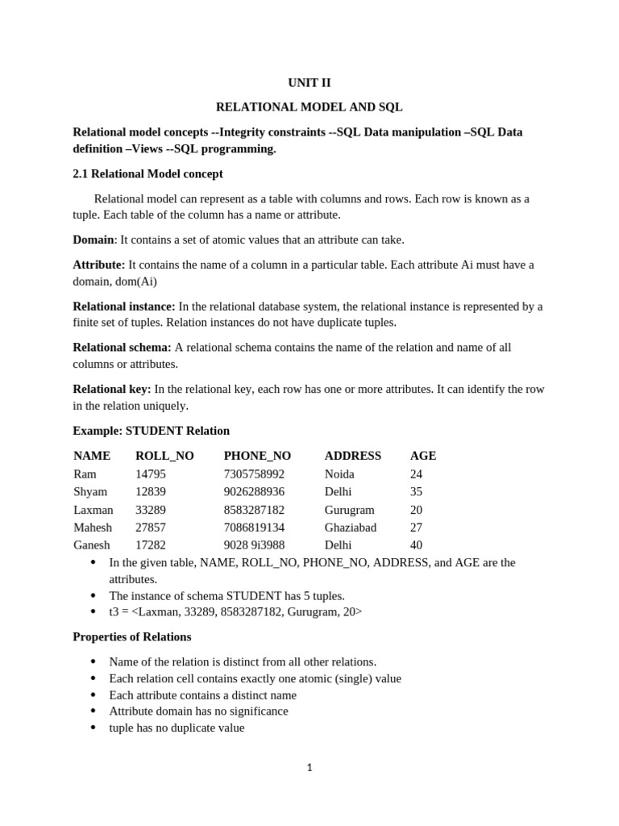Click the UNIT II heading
pyautogui.click(x=309, y=82)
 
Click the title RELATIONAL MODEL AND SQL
pyautogui.click(x=309, y=106)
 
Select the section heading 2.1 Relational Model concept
pyautogui.click(x=147, y=173)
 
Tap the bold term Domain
pyautogui.click(x=93, y=240)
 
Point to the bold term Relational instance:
pyautogui.click(x=124, y=307)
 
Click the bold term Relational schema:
pyautogui.click(x=122, y=348)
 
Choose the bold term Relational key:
pyautogui.click(x=112, y=389)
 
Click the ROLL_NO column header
pyautogui.click(x=164, y=456)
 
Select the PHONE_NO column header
pyautogui.click(x=257, y=456)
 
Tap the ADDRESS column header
pyautogui.click(x=353, y=456)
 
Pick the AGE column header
pyautogui.click(x=423, y=456)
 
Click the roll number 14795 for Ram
pyautogui.click(x=151, y=474)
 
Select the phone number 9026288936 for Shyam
pyautogui.click(x=254, y=492)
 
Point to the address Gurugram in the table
pyautogui.click(x=350, y=510)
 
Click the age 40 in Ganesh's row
pyautogui.click(x=417, y=545)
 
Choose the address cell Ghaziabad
pyautogui.click(x=351, y=528)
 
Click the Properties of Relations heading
pyautogui.click(x=132, y=636)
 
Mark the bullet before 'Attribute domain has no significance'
pyautogui.click(x=93, y=711)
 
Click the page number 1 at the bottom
pyautogui.click(x=309, y=768)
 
